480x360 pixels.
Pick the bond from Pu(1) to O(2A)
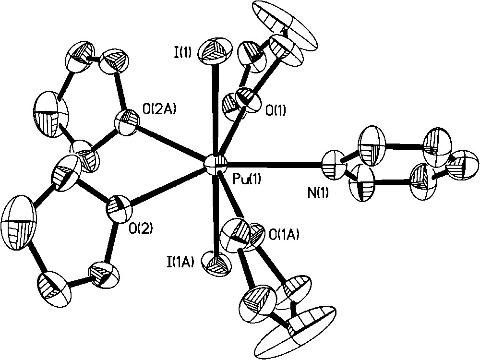pyautogui.click(x=170, y=142)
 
